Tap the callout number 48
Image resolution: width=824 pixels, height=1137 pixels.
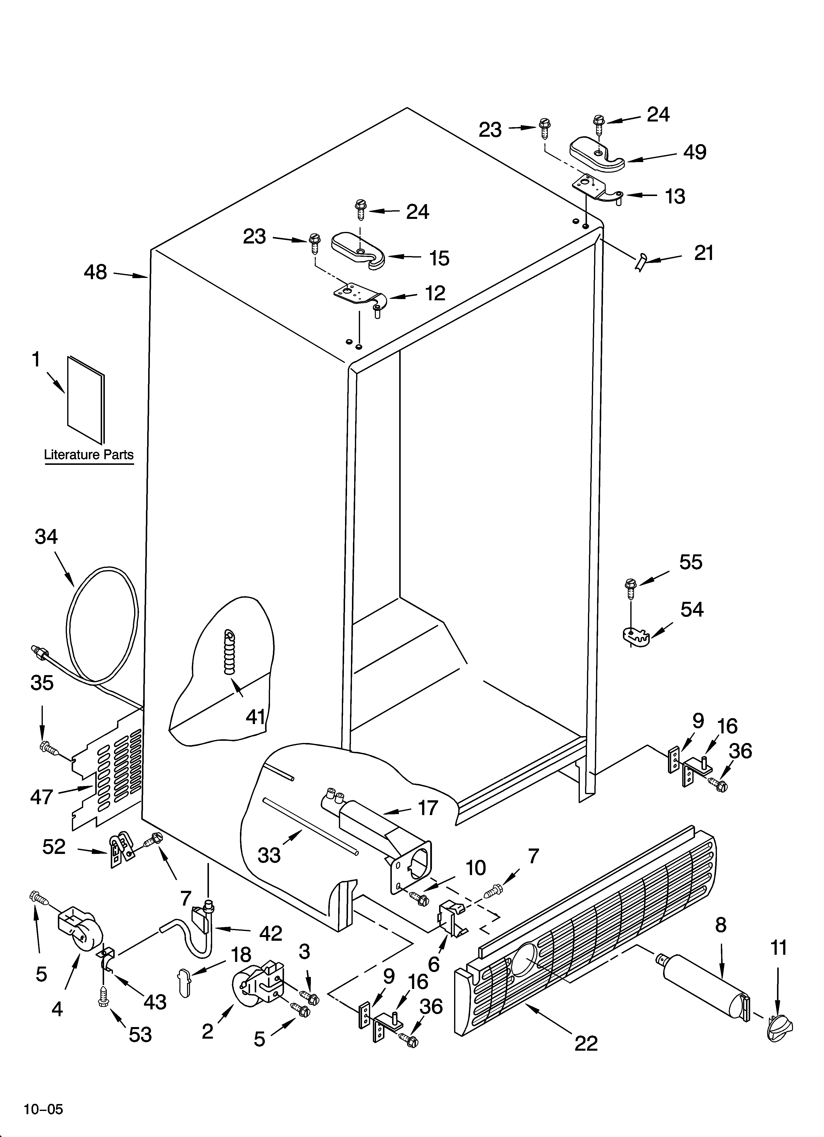(95, 272)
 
